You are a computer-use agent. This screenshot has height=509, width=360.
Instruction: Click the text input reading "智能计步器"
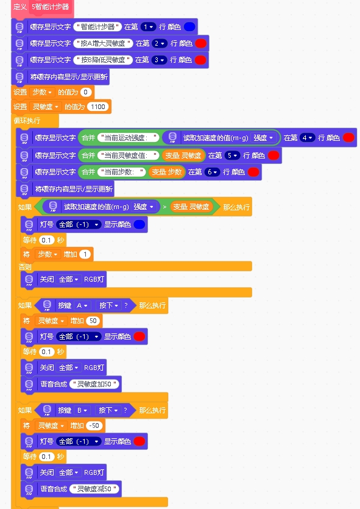coord(97,27)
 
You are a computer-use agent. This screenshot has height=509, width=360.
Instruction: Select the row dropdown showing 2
coord(159,43)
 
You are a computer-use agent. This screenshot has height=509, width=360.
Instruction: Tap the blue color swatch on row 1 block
coord(189,27)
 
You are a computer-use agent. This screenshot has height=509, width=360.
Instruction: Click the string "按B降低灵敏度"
coord(103,60)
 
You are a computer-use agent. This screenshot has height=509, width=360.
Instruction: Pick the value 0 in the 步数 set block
coord(86,92)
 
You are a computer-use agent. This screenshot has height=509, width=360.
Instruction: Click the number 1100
coord(98,107)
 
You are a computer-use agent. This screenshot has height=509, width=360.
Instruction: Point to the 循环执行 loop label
coord(27,121)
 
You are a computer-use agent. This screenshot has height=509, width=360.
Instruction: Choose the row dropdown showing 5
coord(232,155)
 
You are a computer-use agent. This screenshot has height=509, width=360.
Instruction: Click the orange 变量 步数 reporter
coord(167,172)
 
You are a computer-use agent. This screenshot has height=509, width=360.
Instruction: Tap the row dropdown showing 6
coord(212,172)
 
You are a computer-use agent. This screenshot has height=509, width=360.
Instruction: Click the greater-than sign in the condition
coord(164,207)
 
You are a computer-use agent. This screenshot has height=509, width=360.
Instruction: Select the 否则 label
coord(25,267)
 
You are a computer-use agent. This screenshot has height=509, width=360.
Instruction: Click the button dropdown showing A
coord(82,305)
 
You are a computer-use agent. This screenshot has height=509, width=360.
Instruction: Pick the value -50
coord(94,425)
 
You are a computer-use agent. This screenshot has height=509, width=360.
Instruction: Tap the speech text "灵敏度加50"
coord(94,384)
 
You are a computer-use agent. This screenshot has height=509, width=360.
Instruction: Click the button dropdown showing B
coord(82,410)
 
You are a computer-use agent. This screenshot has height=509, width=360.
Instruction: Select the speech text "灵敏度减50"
coord(94,489)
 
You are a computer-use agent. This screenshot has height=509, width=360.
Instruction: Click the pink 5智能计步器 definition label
coord(51,7)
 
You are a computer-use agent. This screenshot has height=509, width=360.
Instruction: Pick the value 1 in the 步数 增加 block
coord(85,254)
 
